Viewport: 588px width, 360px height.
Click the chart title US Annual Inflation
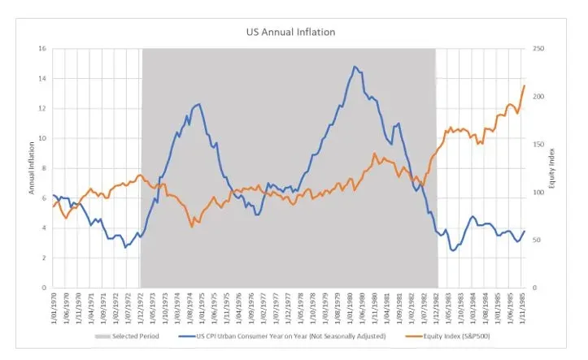coord(290,33)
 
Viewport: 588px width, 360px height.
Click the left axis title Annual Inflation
coord(32,167)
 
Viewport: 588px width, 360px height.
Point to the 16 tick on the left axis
coord(42,49)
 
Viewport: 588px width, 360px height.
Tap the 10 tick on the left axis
coord(42,138)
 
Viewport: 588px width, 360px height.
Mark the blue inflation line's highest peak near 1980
coord(355,67)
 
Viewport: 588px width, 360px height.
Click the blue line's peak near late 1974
coord(200,104)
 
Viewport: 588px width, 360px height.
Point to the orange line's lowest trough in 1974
coord(192,226)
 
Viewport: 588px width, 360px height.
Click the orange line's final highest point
coord(525,85)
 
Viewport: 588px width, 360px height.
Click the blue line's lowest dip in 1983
coord(453,250)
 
